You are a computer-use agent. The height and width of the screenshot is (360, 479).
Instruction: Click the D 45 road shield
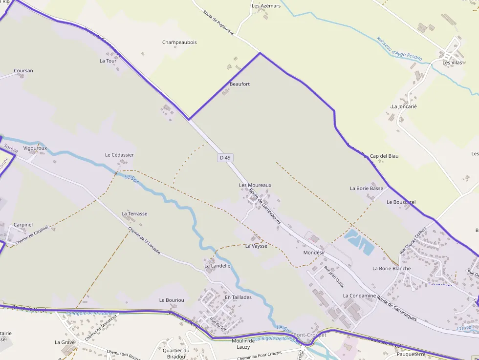point(225,158)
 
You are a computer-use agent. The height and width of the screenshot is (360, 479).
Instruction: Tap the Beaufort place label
point(239,84)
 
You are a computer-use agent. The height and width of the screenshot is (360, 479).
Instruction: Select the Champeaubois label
point(179,42)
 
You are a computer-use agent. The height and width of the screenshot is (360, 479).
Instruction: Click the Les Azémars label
point(266,6)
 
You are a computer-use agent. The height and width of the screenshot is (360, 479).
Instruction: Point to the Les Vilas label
point(452,63)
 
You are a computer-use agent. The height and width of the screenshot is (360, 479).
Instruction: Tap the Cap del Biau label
point(384,156)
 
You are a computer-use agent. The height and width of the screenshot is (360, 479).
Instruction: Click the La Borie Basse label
point(367,188)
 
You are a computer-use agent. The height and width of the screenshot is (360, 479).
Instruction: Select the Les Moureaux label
point(255,185)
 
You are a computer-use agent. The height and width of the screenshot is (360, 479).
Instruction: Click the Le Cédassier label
point(119,155)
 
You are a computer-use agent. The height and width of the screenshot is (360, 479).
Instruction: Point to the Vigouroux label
point(35,148)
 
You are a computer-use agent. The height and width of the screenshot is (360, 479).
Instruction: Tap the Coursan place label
point(23,71)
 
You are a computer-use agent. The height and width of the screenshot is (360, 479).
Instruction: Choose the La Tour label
point(108,61)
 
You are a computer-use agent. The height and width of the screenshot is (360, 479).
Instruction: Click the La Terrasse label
point(134,213)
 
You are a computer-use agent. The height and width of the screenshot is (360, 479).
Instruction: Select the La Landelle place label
point(217,266)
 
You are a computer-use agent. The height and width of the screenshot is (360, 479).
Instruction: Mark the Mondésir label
point(314,253)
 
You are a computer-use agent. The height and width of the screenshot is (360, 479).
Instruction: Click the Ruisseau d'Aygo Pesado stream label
point(399,49)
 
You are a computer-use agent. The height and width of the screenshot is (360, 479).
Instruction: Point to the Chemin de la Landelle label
point(144,241)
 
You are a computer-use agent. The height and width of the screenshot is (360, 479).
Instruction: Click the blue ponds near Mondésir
point(359,241)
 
